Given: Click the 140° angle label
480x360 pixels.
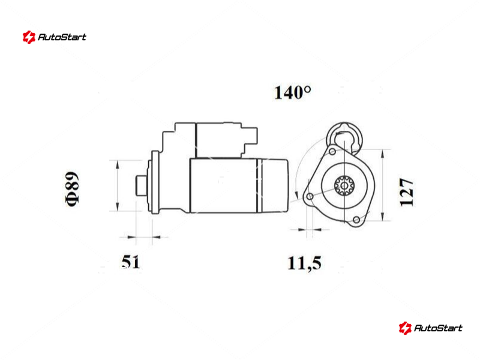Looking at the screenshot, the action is click(293, 93).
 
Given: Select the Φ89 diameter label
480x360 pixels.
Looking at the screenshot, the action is click(72, 189).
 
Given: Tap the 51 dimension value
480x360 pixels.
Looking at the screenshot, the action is click(131, 262).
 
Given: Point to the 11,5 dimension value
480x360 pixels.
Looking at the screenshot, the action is click(305, 263).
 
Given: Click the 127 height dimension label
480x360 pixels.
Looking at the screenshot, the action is click(407, 192).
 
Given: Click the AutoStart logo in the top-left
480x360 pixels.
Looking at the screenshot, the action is click(54, 37).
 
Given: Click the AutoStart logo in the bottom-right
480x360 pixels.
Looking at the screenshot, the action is click(430, 328).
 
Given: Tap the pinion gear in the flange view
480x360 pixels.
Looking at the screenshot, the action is click(344, 185).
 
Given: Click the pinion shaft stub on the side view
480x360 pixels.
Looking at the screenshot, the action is click(142, 185).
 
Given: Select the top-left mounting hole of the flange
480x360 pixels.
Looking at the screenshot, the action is click(332, 152).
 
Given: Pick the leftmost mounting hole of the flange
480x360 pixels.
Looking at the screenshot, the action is click(310, 196).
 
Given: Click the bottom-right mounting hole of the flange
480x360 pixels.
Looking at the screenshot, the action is click(356, 220).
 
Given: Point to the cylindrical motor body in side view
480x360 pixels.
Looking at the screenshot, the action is click(239, 185).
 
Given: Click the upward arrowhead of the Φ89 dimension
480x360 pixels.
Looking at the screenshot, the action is click(118, 164).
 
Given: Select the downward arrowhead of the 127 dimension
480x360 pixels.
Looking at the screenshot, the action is click(383, 216).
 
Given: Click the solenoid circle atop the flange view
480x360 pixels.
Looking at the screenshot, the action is click(344, 137).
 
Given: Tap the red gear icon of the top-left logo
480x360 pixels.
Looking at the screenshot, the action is click(29, 37).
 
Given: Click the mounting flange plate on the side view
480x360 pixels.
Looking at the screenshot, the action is click(155, 182).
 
